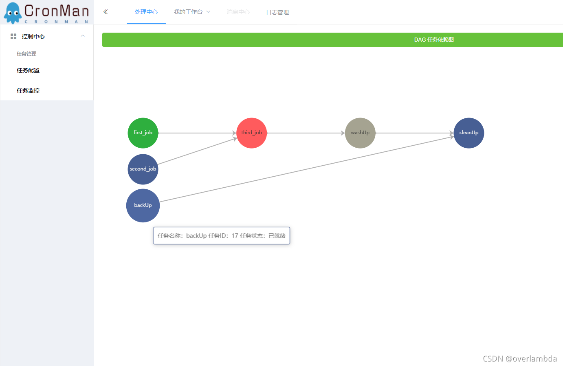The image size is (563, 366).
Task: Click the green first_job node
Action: [x=143, y=133]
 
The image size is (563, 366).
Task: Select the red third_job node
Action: [x=252, y=133]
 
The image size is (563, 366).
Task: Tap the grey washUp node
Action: [x=360, y=133]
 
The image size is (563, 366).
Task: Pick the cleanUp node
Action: [x=469, y=133]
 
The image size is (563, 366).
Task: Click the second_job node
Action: [x=143, y=169]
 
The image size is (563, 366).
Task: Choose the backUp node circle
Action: [x=143, y=205]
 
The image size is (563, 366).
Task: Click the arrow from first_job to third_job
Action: [x=197, y=133]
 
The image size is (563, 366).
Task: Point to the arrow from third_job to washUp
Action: [x=306, y=133]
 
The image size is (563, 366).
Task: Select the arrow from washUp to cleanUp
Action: [x=414, y=133]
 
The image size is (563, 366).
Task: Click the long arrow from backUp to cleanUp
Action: [x=307, y=169]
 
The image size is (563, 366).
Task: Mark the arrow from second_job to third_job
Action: [x=197, y=151]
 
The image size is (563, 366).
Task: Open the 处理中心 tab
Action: [x=146, y=12]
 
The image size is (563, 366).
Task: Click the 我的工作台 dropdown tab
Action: [x=192, y=12]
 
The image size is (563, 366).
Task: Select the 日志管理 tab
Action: [x=277, y=12]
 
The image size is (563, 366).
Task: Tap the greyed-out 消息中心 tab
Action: [x=238, y=12]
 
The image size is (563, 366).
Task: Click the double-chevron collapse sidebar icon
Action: [x=106, y=12]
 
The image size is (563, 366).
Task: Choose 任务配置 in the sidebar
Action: [x=28, y=70]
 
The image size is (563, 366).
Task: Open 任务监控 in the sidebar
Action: [x=28, y=91]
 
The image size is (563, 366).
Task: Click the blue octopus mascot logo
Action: [x=13, y=13]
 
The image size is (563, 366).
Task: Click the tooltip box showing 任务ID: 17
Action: [x=222, y=235]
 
